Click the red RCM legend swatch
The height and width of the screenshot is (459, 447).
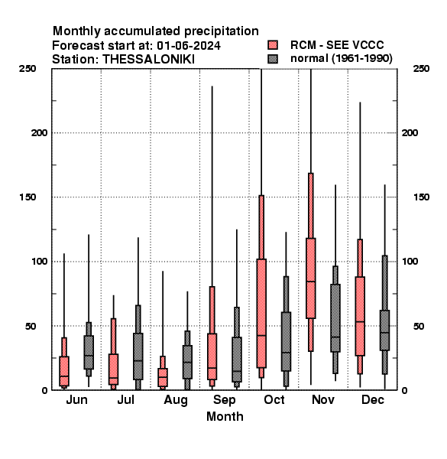(x=273, y=45)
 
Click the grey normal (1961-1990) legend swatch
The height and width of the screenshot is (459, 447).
(x=273, y=59)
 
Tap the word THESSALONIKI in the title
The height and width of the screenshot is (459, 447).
(x=148, y=60)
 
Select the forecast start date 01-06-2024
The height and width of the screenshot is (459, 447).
(x=189, y=46)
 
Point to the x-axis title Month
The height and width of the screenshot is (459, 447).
(x=225, y=416)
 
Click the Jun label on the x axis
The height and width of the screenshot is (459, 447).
(x=76, y=399)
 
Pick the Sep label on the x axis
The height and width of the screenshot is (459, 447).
(x=224, y=400)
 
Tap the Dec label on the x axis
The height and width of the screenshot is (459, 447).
(x=373, y=399)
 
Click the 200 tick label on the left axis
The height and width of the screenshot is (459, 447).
(x=39, y=132)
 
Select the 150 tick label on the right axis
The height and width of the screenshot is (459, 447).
(x=421, y=197)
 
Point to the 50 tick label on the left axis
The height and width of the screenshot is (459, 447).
(x=31, y=326)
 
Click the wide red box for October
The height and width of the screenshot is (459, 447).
(x=261, y=313)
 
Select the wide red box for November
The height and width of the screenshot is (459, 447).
(x=311, y=278)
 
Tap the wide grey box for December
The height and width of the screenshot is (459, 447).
(x=385, y=330)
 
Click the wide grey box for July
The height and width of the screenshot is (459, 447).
(x=138, y=356)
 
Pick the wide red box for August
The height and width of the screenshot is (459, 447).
(x=163, y=377)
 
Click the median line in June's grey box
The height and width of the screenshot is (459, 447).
(x=89, y=356)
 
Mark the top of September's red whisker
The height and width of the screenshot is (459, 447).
(x=212, y=86)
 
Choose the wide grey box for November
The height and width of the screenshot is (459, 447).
(x=335, y=318)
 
